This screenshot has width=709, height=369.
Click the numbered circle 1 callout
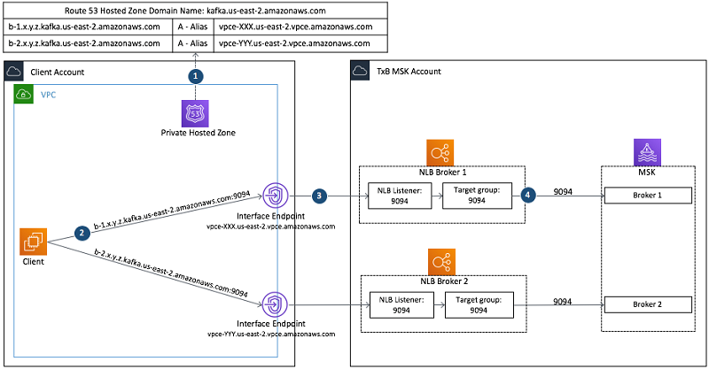[196, 76]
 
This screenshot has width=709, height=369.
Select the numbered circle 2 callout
[82, 233]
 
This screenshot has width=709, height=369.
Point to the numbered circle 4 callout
[529, 194]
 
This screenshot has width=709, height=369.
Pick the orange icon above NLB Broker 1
[440, 150]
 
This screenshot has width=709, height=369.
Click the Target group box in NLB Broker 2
[477, 304]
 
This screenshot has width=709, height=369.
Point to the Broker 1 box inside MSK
[647, 195]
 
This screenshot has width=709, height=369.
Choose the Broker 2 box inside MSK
[647, 304]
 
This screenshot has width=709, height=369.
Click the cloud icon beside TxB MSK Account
[361, 71]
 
